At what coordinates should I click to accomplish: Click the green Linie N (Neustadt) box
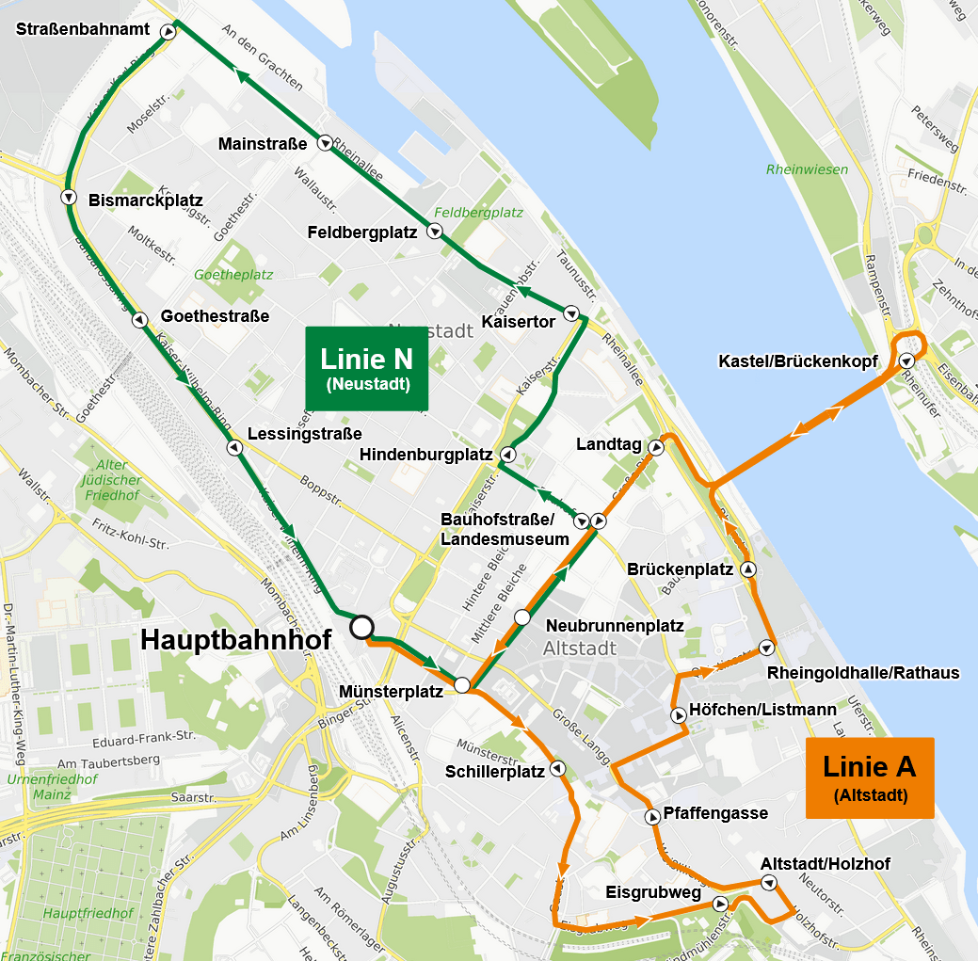pyautogui.click(x=366, y=368)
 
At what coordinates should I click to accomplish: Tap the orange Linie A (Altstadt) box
pyautogui.click(x=870, y=777)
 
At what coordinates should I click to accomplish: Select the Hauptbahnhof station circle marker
pyautogui.click(x=361, y=627)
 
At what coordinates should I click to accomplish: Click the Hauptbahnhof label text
pyautogui.click(x=235, y=640)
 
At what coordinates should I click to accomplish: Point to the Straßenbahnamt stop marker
pyautogui.click(x=168, y=32)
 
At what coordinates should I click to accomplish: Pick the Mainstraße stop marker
pyautogui.click(x=324, y=144)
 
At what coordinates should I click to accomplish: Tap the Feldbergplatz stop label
pyautogui.click(x=361, y=232)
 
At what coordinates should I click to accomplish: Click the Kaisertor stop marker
pyautogui.click(x=570, y=313)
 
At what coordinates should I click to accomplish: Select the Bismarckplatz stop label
pyautogui.click(x=146, y=200)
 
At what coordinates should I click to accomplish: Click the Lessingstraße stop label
pyautogui.click(x=304, y=434)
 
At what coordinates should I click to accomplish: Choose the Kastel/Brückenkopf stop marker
pyautogui.click(x=906, y=360)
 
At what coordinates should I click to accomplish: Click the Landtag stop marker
pyautogui.click(x=656, y=449)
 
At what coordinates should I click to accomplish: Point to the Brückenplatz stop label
pyautogui.click(x=680, y=569)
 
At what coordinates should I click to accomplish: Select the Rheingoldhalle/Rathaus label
pyautogui.click(x=862, y=672)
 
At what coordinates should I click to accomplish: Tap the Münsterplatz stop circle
pyautogui.click(x=462, y=685)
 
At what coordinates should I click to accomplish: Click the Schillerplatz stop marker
pyautogui.click(x=557, y=769)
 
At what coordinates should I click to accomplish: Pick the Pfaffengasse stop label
pyautogui.click(x=715, y=813)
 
